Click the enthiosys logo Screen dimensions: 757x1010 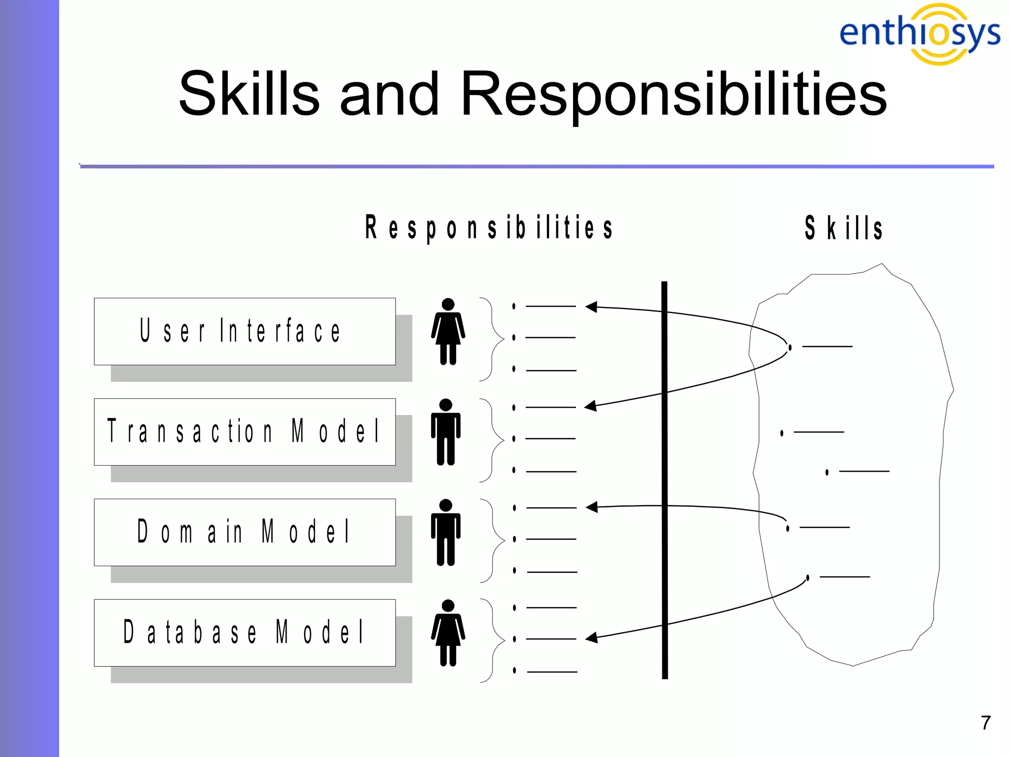[920, 34]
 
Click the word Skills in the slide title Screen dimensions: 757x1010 [249, 94]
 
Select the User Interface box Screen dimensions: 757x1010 [245, 331]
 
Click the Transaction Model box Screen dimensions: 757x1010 [245, 432]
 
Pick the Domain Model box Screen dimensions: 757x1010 [245, 532]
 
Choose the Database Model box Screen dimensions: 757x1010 [245, 633]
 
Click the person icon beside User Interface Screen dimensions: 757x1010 [448, 331]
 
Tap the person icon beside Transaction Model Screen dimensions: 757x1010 [446, 432]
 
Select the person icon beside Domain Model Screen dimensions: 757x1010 [446, 532]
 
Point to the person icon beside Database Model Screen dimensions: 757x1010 [448, 633]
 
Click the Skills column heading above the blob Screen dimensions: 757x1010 [843, 228]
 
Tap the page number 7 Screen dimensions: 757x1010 [985, 723]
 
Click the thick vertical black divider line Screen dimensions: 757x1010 [664, 481]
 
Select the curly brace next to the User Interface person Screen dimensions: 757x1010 [491, 339]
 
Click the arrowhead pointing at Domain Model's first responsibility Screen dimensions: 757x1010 [592, 507]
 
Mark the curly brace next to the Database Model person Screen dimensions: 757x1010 [492, 640]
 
